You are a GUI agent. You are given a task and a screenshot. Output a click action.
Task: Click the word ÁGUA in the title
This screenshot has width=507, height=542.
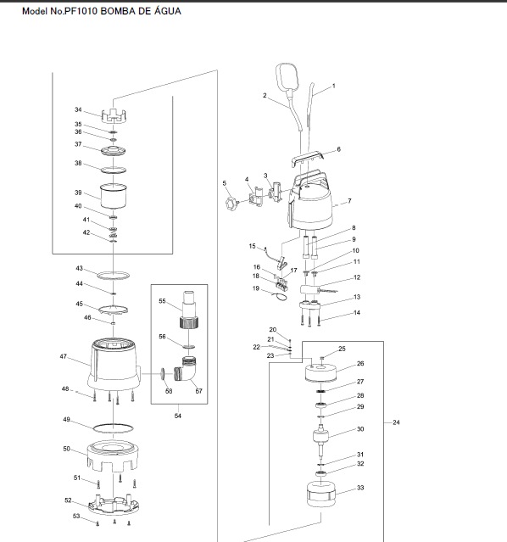coord(168,11)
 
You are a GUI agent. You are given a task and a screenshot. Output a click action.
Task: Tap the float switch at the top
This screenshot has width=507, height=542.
coord(287,76)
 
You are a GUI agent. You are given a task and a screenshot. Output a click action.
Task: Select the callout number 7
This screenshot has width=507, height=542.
coord(350,201)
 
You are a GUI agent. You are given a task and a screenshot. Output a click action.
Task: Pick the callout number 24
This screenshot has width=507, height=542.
coord(396,422)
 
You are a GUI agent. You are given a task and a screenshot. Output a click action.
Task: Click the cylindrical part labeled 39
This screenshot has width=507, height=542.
coord(113,196)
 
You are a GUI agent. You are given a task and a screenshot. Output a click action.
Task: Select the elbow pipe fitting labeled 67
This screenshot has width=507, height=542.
coord(186,369)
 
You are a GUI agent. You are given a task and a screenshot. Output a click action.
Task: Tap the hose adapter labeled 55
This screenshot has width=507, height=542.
coord(189,310)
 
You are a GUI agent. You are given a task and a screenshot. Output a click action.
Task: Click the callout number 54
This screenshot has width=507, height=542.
coord(178,416)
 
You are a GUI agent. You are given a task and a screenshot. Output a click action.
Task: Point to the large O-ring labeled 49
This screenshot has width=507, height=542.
coord(113,428)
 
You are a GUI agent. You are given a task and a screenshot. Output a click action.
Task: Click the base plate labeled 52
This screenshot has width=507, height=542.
coord(114,505)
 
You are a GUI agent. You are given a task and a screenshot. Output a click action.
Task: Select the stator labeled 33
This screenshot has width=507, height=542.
coord(321,495)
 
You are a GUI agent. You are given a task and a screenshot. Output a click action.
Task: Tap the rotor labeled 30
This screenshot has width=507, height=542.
coord(321,439)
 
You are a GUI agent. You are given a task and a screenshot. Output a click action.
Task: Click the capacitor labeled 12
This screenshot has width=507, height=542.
coord(309,290)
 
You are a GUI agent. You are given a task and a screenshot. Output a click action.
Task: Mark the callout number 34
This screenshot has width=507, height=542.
coord(78,109)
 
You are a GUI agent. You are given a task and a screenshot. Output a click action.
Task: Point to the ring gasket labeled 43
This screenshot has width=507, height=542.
coord(113,276)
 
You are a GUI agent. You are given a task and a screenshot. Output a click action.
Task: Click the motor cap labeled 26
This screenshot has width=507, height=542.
coord(320,372)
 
